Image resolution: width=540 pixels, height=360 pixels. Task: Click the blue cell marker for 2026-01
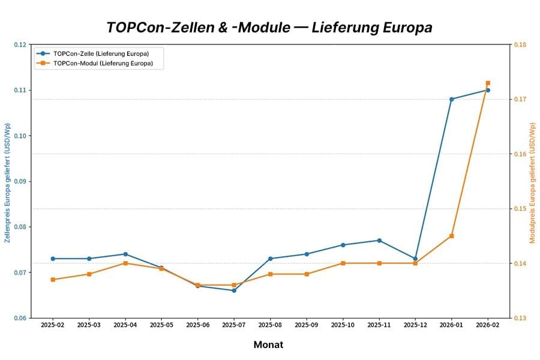[451, 99]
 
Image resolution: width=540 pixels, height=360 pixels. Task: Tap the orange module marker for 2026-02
[488, 83]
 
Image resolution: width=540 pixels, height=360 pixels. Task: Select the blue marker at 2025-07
[234, 290]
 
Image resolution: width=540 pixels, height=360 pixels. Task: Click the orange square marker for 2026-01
[451, 236]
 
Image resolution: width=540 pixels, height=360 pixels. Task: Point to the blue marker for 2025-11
[379, 241]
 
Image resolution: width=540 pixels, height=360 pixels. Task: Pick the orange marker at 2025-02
[53, 280]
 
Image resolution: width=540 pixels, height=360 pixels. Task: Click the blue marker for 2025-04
[125, 254]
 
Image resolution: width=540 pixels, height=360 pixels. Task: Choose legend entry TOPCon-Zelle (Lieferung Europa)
[101, 53]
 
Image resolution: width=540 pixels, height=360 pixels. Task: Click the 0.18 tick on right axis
[520, 44]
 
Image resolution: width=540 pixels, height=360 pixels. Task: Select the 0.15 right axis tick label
[520, 209]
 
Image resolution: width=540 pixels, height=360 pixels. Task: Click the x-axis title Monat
[268, 344]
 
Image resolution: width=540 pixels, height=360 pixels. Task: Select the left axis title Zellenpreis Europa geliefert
[8, 182]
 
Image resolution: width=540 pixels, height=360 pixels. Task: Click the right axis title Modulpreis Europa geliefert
[532, 182]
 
